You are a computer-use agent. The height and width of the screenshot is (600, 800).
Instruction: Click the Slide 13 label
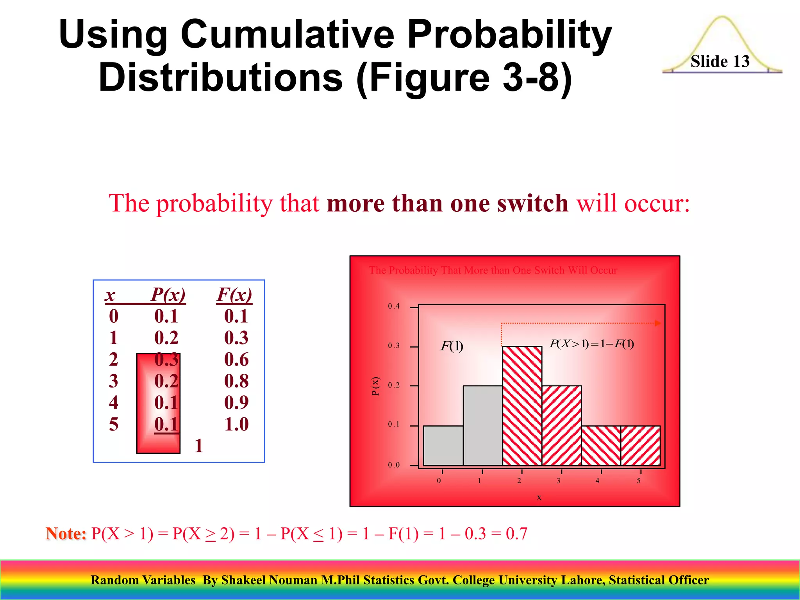tap(720, 62)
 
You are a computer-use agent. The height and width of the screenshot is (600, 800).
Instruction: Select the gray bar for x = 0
tap(443, 445)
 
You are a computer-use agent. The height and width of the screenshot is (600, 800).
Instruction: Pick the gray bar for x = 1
tap(482, 426)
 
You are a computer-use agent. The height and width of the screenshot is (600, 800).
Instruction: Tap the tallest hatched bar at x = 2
tap(522, 406)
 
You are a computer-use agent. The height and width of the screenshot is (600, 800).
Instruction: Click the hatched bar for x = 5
tap(641, 445)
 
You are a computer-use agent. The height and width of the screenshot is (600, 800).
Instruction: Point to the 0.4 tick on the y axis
tap(394, 306)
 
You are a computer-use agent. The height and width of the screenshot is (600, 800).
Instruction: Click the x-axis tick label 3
tap(559, 481)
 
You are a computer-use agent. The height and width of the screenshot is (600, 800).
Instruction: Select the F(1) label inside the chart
tap(452, 346)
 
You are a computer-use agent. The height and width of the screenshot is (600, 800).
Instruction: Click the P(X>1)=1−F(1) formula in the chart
tap(591, 344)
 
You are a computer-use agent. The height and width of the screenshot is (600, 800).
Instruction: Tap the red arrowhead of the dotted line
tap(658, 323)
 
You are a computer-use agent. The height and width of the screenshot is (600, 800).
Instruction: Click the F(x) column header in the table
tap(234, 295)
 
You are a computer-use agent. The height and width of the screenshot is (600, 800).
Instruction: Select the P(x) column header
tap(168, 295)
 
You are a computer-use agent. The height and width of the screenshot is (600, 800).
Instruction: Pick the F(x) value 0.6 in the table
tap(236, 359)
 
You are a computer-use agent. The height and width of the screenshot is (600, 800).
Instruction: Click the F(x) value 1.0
tap(236, 424)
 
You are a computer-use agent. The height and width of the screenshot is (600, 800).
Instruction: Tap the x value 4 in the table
tap(114, 402)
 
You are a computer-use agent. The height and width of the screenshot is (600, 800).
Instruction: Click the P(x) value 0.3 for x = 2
tap(166, 359)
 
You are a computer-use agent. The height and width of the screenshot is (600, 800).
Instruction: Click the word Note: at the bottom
tap(66, 534)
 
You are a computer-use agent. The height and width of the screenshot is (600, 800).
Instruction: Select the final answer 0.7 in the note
tap(516, 534)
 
